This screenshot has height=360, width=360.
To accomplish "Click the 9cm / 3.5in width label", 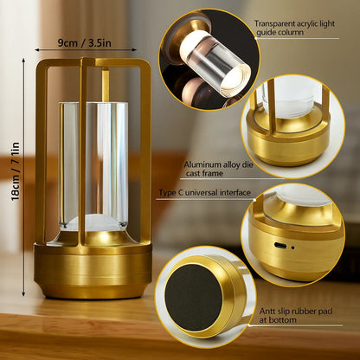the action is (x=85, y=42).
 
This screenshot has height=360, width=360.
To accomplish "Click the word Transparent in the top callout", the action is (x=274, y=23).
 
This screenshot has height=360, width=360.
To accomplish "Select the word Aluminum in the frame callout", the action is (x=202, y=165).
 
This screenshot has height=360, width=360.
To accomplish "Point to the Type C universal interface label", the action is (x=205, y=193).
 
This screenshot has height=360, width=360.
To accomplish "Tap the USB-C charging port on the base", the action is (x=280, y=246).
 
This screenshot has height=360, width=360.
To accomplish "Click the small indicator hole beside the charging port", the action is (x=292, y=247).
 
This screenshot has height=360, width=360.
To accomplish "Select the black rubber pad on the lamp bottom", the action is (x=193, y=297).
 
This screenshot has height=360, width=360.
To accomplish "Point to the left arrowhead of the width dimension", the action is (x=37, y=49).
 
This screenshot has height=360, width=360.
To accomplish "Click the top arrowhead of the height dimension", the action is (x=23, y=61).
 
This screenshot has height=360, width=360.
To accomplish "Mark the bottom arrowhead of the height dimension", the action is (x=23, y=293).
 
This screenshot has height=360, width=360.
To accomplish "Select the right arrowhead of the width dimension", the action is (x=134, y=49).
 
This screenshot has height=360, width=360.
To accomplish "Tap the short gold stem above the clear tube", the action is (x=106, y=85).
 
